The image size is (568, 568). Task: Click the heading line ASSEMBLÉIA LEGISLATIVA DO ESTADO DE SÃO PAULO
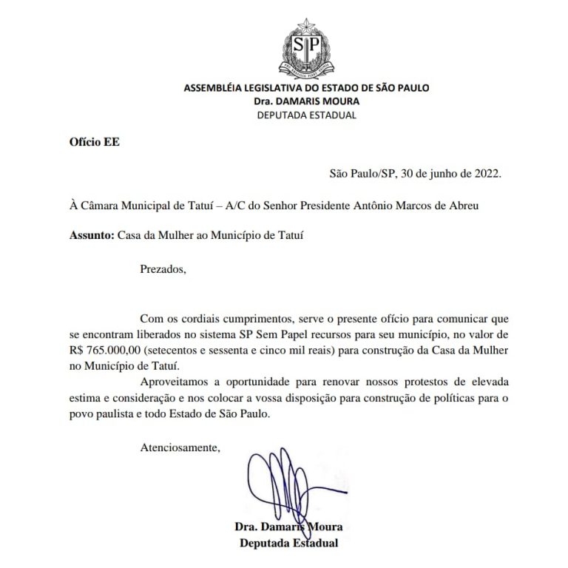[306, 88]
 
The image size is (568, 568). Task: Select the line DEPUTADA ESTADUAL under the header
[306, 115]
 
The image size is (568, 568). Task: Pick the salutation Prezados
[163, 268]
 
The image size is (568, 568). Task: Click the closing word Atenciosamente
[180, 447]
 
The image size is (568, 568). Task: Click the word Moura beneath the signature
[323, 527]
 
